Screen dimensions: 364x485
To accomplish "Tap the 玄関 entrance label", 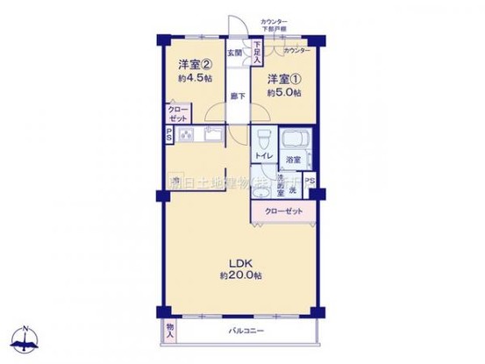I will coord(235,54).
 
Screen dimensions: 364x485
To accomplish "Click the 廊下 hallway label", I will coord(238,95).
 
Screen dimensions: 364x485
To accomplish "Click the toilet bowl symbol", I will coord(261,138).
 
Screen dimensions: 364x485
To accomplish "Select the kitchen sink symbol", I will coord(215,134).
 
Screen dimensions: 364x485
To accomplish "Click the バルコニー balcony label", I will coord(247,332).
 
